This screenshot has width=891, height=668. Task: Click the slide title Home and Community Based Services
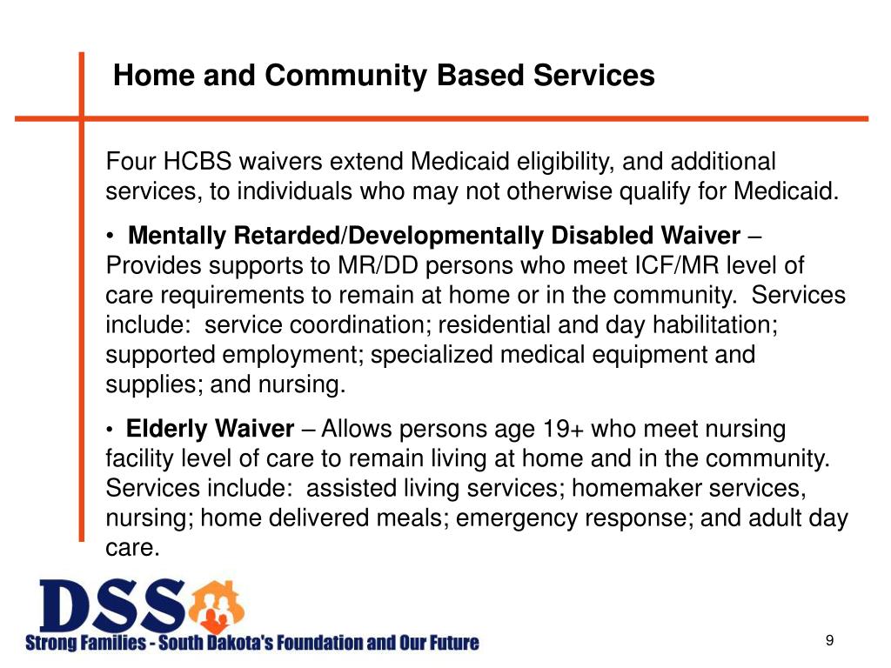coord(384,77)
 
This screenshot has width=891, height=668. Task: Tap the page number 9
coord(829,641)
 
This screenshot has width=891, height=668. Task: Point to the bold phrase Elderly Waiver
coord(210,429)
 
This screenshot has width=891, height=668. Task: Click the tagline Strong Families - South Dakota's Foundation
coord(251,644)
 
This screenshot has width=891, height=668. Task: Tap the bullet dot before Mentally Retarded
coord(111,237)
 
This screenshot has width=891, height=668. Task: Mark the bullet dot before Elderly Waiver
coord(111,430)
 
